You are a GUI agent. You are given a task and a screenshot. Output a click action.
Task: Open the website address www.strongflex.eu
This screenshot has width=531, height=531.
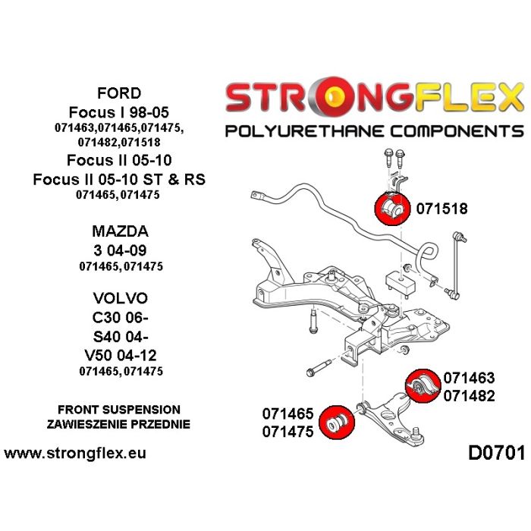coord(75,454)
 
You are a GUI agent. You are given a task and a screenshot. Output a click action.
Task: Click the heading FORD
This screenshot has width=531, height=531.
coord(119,93)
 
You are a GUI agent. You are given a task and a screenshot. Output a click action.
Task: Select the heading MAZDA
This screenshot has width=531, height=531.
coord(119,231)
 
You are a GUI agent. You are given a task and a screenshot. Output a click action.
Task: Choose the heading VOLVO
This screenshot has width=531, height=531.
coord(119,297)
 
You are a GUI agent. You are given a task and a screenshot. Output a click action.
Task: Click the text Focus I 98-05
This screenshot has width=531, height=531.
coord(119,112)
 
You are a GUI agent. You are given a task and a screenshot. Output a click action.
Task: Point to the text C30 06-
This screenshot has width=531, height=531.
coord(119,316)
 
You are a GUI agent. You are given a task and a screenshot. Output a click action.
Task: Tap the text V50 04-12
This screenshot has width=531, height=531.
coord(119,353)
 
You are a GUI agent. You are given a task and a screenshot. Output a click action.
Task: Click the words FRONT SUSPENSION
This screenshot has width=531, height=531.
coord(119,409)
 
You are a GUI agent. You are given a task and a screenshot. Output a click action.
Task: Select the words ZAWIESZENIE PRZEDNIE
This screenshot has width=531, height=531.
coord(119,424)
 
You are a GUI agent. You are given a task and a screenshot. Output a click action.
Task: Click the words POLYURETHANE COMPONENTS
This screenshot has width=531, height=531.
coord(374,130)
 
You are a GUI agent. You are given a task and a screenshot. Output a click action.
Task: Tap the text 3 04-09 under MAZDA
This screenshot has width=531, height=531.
coord(119,250)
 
